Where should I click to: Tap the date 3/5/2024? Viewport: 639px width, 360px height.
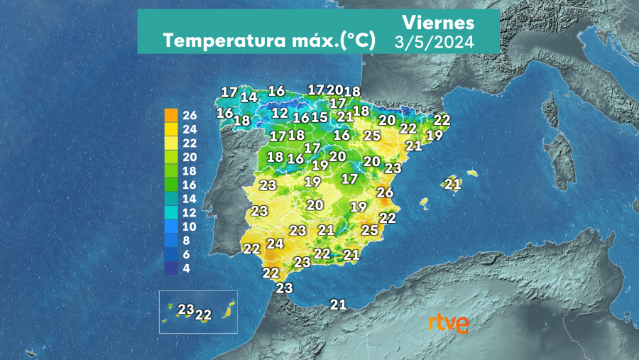tap(435, 42)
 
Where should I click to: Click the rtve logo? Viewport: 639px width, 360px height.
tap(447, 324)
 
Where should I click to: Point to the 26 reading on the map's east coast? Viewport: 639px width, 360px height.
tap(385, 192)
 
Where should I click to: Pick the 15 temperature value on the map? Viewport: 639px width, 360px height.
tap(319, 117)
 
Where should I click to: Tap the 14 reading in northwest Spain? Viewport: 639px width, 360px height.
tap(248, 97)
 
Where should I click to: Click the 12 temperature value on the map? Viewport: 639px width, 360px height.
tap(280, 113)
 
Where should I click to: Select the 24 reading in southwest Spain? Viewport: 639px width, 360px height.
tap(274, 244)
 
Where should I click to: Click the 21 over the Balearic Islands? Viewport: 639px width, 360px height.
tap(452, 184)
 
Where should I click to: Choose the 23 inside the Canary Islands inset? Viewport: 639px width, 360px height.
tap(186, 310)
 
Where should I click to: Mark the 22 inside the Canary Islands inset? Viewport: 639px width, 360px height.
tap(204, 315)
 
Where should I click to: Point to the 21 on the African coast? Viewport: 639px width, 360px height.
tap(338, 305)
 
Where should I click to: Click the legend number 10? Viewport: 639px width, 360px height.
tap(190, 227)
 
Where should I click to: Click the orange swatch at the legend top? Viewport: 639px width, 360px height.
tap(171, 115)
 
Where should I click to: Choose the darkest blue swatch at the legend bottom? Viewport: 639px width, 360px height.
tap(171, 268)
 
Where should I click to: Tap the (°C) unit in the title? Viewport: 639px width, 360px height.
tap(357, 41)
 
